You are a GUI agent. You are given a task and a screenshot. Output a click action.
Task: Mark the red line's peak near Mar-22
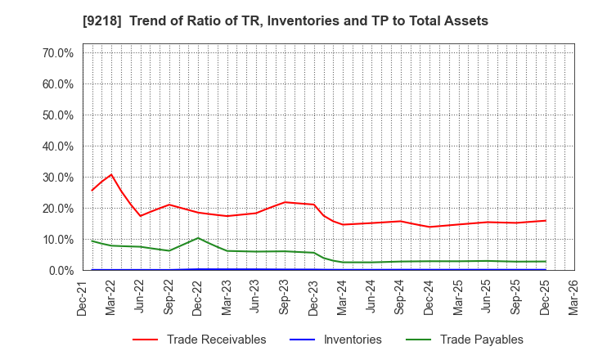pos(111,174)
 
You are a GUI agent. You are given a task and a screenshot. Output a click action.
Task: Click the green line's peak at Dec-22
pos(198,238)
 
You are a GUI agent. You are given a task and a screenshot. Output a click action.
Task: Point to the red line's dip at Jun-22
pos(141,216)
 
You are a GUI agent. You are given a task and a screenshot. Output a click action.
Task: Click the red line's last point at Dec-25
pos(546,220)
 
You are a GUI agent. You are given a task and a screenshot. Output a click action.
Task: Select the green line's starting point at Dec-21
pos(92,241)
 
